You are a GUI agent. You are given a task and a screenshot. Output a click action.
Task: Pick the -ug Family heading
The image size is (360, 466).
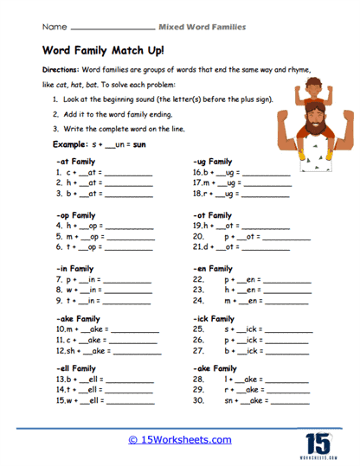point(213,162)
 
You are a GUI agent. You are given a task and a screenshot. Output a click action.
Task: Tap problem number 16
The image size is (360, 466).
point(198,173)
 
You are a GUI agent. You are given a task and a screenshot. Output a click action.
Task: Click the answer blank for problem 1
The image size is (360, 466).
point(127,174)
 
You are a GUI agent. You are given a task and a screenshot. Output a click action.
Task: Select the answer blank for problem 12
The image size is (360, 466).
point(137,353)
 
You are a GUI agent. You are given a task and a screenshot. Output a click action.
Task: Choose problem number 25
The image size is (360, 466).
point(198,330)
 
